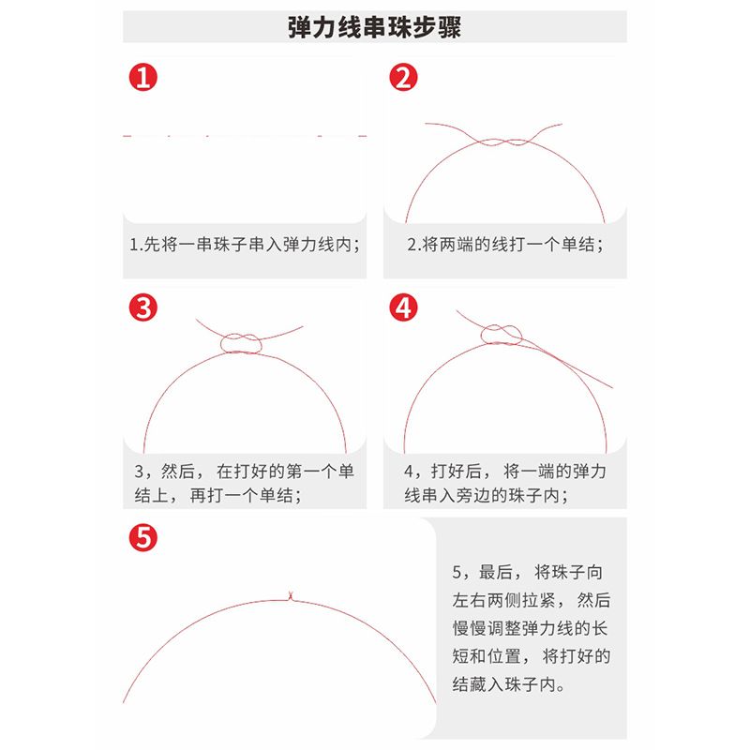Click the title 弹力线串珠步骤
[374, 27]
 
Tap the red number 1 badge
[143, 78]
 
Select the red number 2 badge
[403, 78]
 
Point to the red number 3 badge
[143, 307]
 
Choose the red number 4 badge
[403, 307]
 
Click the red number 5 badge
[143, 537]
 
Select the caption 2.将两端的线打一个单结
[505, 245]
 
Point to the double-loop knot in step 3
[241, 343]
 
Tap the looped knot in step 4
[502, 335]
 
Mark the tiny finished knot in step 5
[290, 596]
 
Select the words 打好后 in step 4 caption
[456, 472]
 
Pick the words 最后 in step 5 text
[496, 572]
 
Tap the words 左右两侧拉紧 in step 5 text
[503, 600]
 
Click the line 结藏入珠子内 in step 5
[508, 684]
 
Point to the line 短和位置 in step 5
[487, 656]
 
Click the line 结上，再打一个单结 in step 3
[217, 495]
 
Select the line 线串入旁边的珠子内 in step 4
[486, 495]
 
